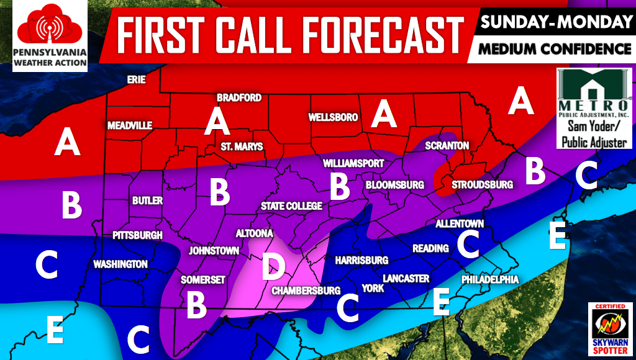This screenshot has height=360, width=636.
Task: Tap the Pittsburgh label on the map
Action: [137, 235]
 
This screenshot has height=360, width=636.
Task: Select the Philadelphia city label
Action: [489, 280]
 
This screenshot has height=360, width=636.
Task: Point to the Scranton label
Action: [447, 145]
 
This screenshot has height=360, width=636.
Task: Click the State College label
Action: [291, 206]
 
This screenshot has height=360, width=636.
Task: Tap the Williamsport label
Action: [353, 163]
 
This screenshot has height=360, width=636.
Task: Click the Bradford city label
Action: [238, 98]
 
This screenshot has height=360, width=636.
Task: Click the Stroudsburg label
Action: [482, 185]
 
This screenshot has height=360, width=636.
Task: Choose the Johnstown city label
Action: [214, 251]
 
